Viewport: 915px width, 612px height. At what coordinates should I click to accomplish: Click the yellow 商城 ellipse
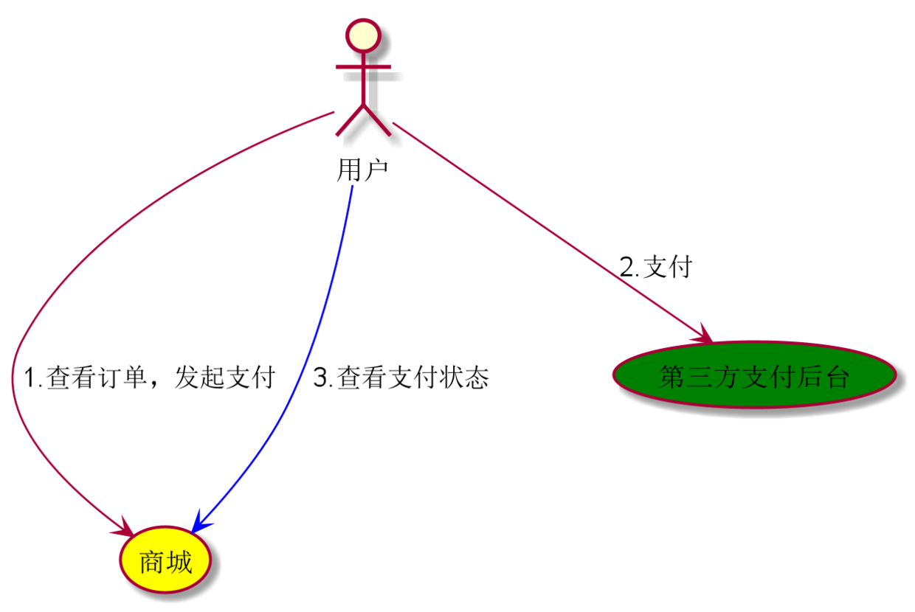coord(165,560)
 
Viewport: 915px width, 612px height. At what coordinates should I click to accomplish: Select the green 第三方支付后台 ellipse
coord(755,375)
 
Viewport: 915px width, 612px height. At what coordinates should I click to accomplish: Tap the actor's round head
coord(363,35)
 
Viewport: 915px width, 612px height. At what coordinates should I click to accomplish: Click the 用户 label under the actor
coord(362,170)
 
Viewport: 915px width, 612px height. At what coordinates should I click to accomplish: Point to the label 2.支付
coord(656,267)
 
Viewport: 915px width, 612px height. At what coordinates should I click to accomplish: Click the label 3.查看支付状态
coord(401,377)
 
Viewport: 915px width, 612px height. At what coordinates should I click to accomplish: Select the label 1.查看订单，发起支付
coord(150,377)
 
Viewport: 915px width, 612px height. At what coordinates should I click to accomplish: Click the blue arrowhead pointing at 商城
coord(199,523)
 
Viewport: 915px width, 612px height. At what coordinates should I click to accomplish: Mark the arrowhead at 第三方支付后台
coord(703,334)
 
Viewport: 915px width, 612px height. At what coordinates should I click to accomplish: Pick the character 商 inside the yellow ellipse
coord(151,562)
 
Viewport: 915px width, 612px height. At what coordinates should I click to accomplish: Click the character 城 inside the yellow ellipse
coord(179,562)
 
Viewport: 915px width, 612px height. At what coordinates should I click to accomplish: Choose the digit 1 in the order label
coord(30,378)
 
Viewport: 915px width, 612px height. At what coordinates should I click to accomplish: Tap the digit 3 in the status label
coord(320,378)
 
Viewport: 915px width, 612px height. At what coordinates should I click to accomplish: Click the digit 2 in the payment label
coord(627,267)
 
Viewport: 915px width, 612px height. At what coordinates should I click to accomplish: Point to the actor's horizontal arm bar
coord(363,66)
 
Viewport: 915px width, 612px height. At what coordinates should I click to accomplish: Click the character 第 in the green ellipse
coord(671,377)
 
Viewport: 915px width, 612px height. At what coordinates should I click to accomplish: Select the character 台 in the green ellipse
coord(838,377)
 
